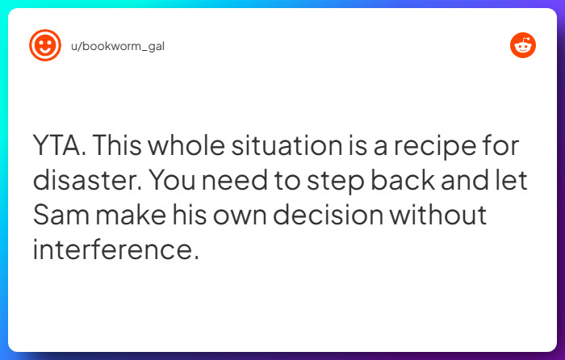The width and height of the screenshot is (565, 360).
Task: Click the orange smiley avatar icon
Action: (x=45, y=46)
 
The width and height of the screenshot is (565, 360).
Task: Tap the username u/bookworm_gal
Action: (x=118, y=46)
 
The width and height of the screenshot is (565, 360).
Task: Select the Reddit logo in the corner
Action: (x=523, y=46)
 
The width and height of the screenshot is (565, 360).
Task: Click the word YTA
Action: (x=59, y=148)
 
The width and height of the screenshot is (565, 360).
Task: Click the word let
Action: (x=509, y=182)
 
